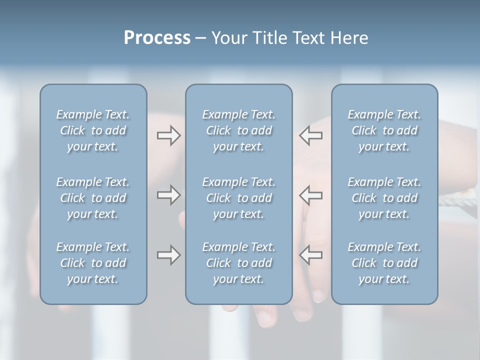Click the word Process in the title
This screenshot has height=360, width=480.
tap(157, 38)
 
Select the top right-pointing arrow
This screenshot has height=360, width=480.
tap(168, 135)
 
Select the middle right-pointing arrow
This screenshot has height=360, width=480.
tap(168, 195)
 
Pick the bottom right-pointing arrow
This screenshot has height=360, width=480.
tap(168, 255)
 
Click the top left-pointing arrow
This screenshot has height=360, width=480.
tap(310, 135)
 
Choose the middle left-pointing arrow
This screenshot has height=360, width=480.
tap(310, 195)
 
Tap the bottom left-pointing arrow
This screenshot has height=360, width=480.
tap(310, 255)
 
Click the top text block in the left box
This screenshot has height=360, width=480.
tap(93, 130)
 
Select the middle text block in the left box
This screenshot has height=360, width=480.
tap(93, 198)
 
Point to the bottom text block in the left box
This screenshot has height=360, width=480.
tap(93, 263)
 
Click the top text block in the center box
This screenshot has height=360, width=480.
tap(239, 130)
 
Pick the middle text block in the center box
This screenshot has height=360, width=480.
tap(239, 198)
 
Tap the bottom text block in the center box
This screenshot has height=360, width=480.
tap(239, 263)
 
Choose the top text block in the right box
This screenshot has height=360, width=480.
tap(384, 130)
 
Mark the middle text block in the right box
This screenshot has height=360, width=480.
tap(384, 198)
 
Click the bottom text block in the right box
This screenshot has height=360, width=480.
tap(384, 263)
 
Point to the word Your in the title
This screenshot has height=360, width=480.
tap(227, 38)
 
